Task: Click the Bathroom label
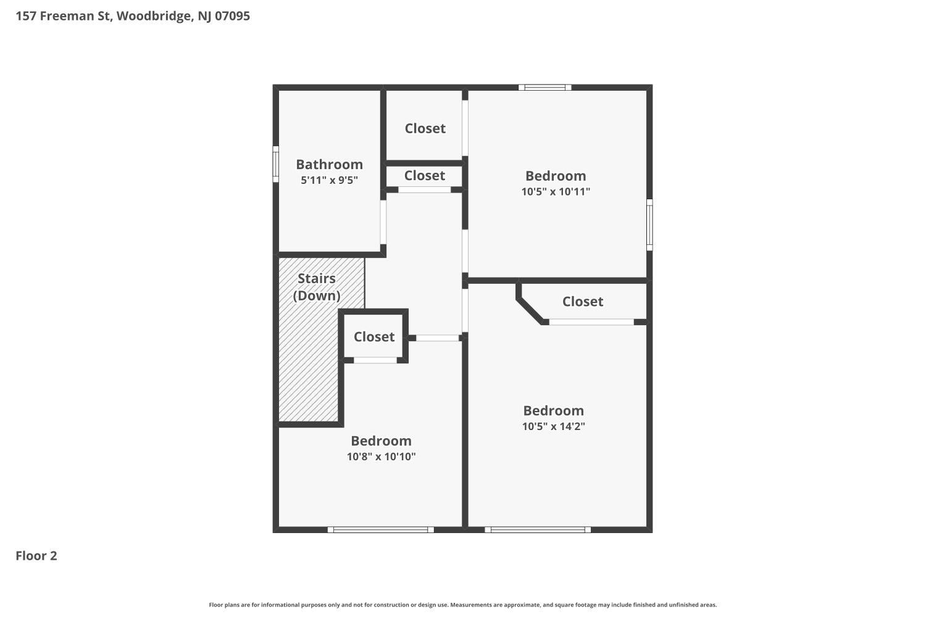[329, 164]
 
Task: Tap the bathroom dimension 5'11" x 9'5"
[329, 180]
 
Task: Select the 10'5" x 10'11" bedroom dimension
[556, 191]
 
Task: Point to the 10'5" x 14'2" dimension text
[553, 426]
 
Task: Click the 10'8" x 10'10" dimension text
[381, 457]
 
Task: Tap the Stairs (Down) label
[317, 287]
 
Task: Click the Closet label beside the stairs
[373, 337]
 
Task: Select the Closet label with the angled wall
[582, 302]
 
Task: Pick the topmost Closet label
[425, 128]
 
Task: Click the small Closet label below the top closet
[425, 176]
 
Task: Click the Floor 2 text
[36, 556]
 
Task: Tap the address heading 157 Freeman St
[133, 16]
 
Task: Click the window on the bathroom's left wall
[276, 164]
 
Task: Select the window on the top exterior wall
[544, 88]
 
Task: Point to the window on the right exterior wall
[649, 225]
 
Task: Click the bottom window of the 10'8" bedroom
[380, 529]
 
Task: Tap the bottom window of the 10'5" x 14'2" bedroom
[538, 529]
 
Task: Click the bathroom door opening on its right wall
[383, 222]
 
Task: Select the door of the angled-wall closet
[591, 322]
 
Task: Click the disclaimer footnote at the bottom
[463, 605]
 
